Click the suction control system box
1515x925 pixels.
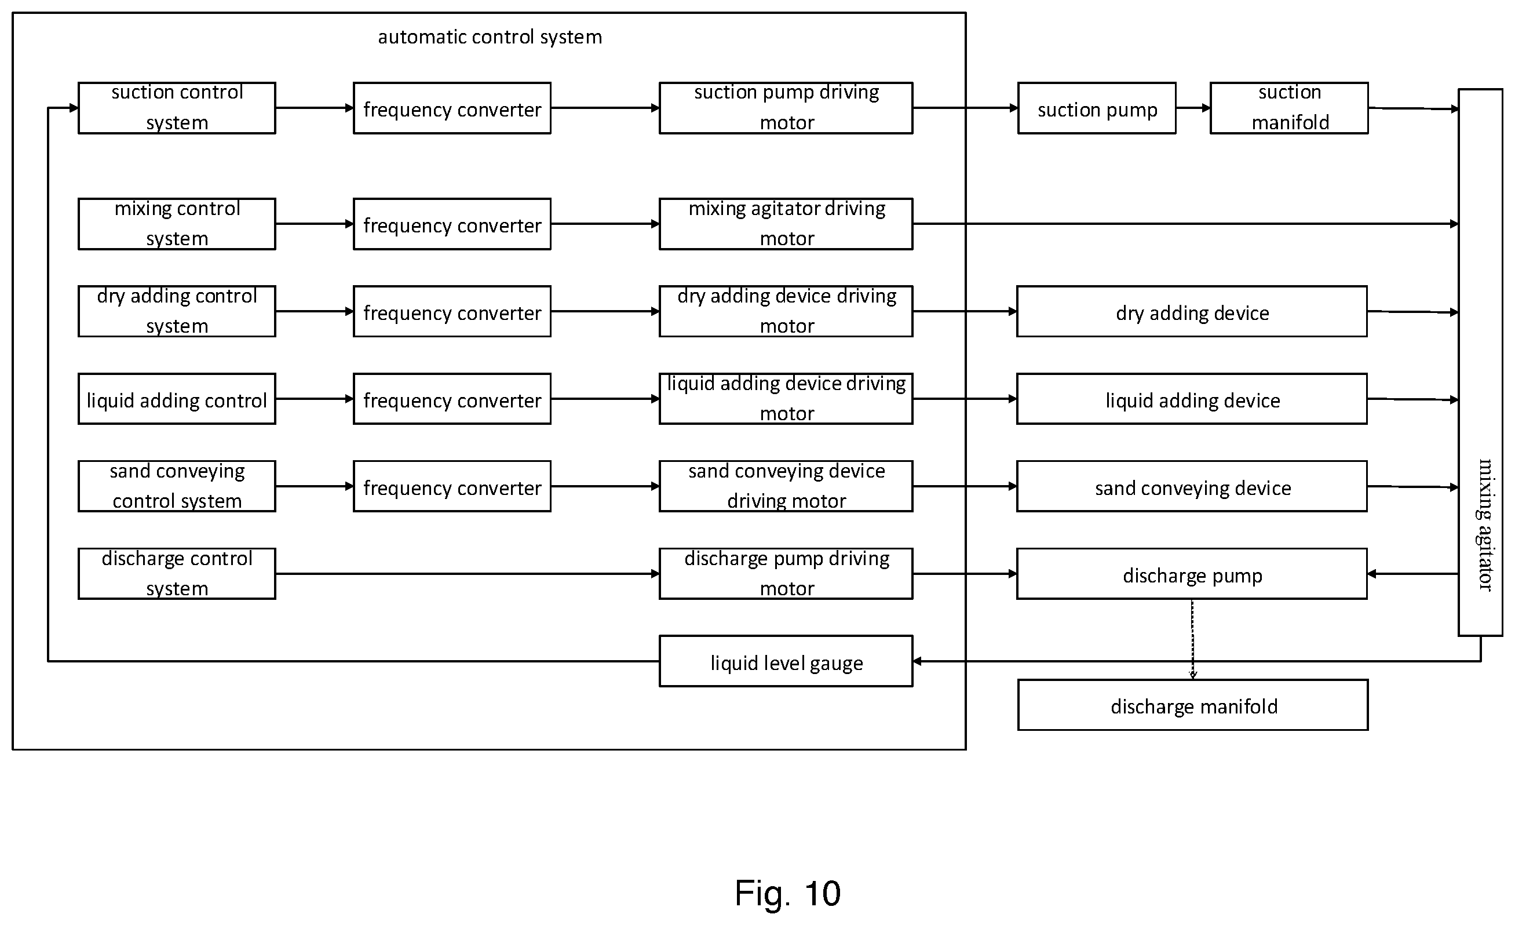[177, 108]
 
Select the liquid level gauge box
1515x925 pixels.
[786, 661]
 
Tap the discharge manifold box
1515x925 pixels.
[1193, 705]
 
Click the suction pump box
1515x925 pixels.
[1097, 108]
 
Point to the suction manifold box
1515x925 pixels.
[1290, 108]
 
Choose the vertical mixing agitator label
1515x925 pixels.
[1485, 525]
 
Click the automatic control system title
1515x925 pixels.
[490, 37]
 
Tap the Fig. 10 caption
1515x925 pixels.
[788, 893]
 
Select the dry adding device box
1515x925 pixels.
[1192, 311]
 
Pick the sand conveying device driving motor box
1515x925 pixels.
[786, 486]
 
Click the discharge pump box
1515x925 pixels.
[1192, 574]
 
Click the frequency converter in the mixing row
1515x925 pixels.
[452, 224]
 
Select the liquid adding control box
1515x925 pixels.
[177, 399]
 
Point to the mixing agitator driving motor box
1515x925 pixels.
[786, 224]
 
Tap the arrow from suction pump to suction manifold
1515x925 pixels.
[1193, 108]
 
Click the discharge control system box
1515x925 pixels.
[177, 574]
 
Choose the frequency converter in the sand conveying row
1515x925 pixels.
[452, 486]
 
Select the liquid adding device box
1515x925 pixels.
[1192, 399]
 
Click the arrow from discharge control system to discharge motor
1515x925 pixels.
[468, 574]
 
